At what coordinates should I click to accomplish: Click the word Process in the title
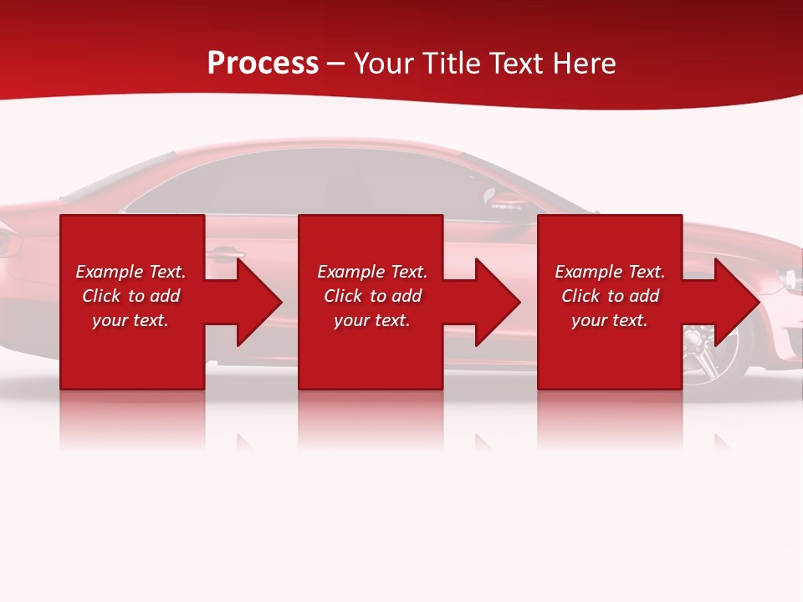click(x=263, y=63)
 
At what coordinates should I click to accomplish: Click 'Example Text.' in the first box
click(x=130, y=272)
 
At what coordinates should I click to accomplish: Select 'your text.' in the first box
click(x=130, y=320)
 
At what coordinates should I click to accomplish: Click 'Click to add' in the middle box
click(x=372, y=296)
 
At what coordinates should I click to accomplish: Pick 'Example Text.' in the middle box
click(x=372, y=272)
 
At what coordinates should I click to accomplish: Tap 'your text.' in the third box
click(x=610, y=320)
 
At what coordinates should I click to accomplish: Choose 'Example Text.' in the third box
click(x=610, y=272)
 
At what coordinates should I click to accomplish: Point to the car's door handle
click(x=228, y=252)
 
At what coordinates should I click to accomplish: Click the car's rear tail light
click(x=8, y=242)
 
